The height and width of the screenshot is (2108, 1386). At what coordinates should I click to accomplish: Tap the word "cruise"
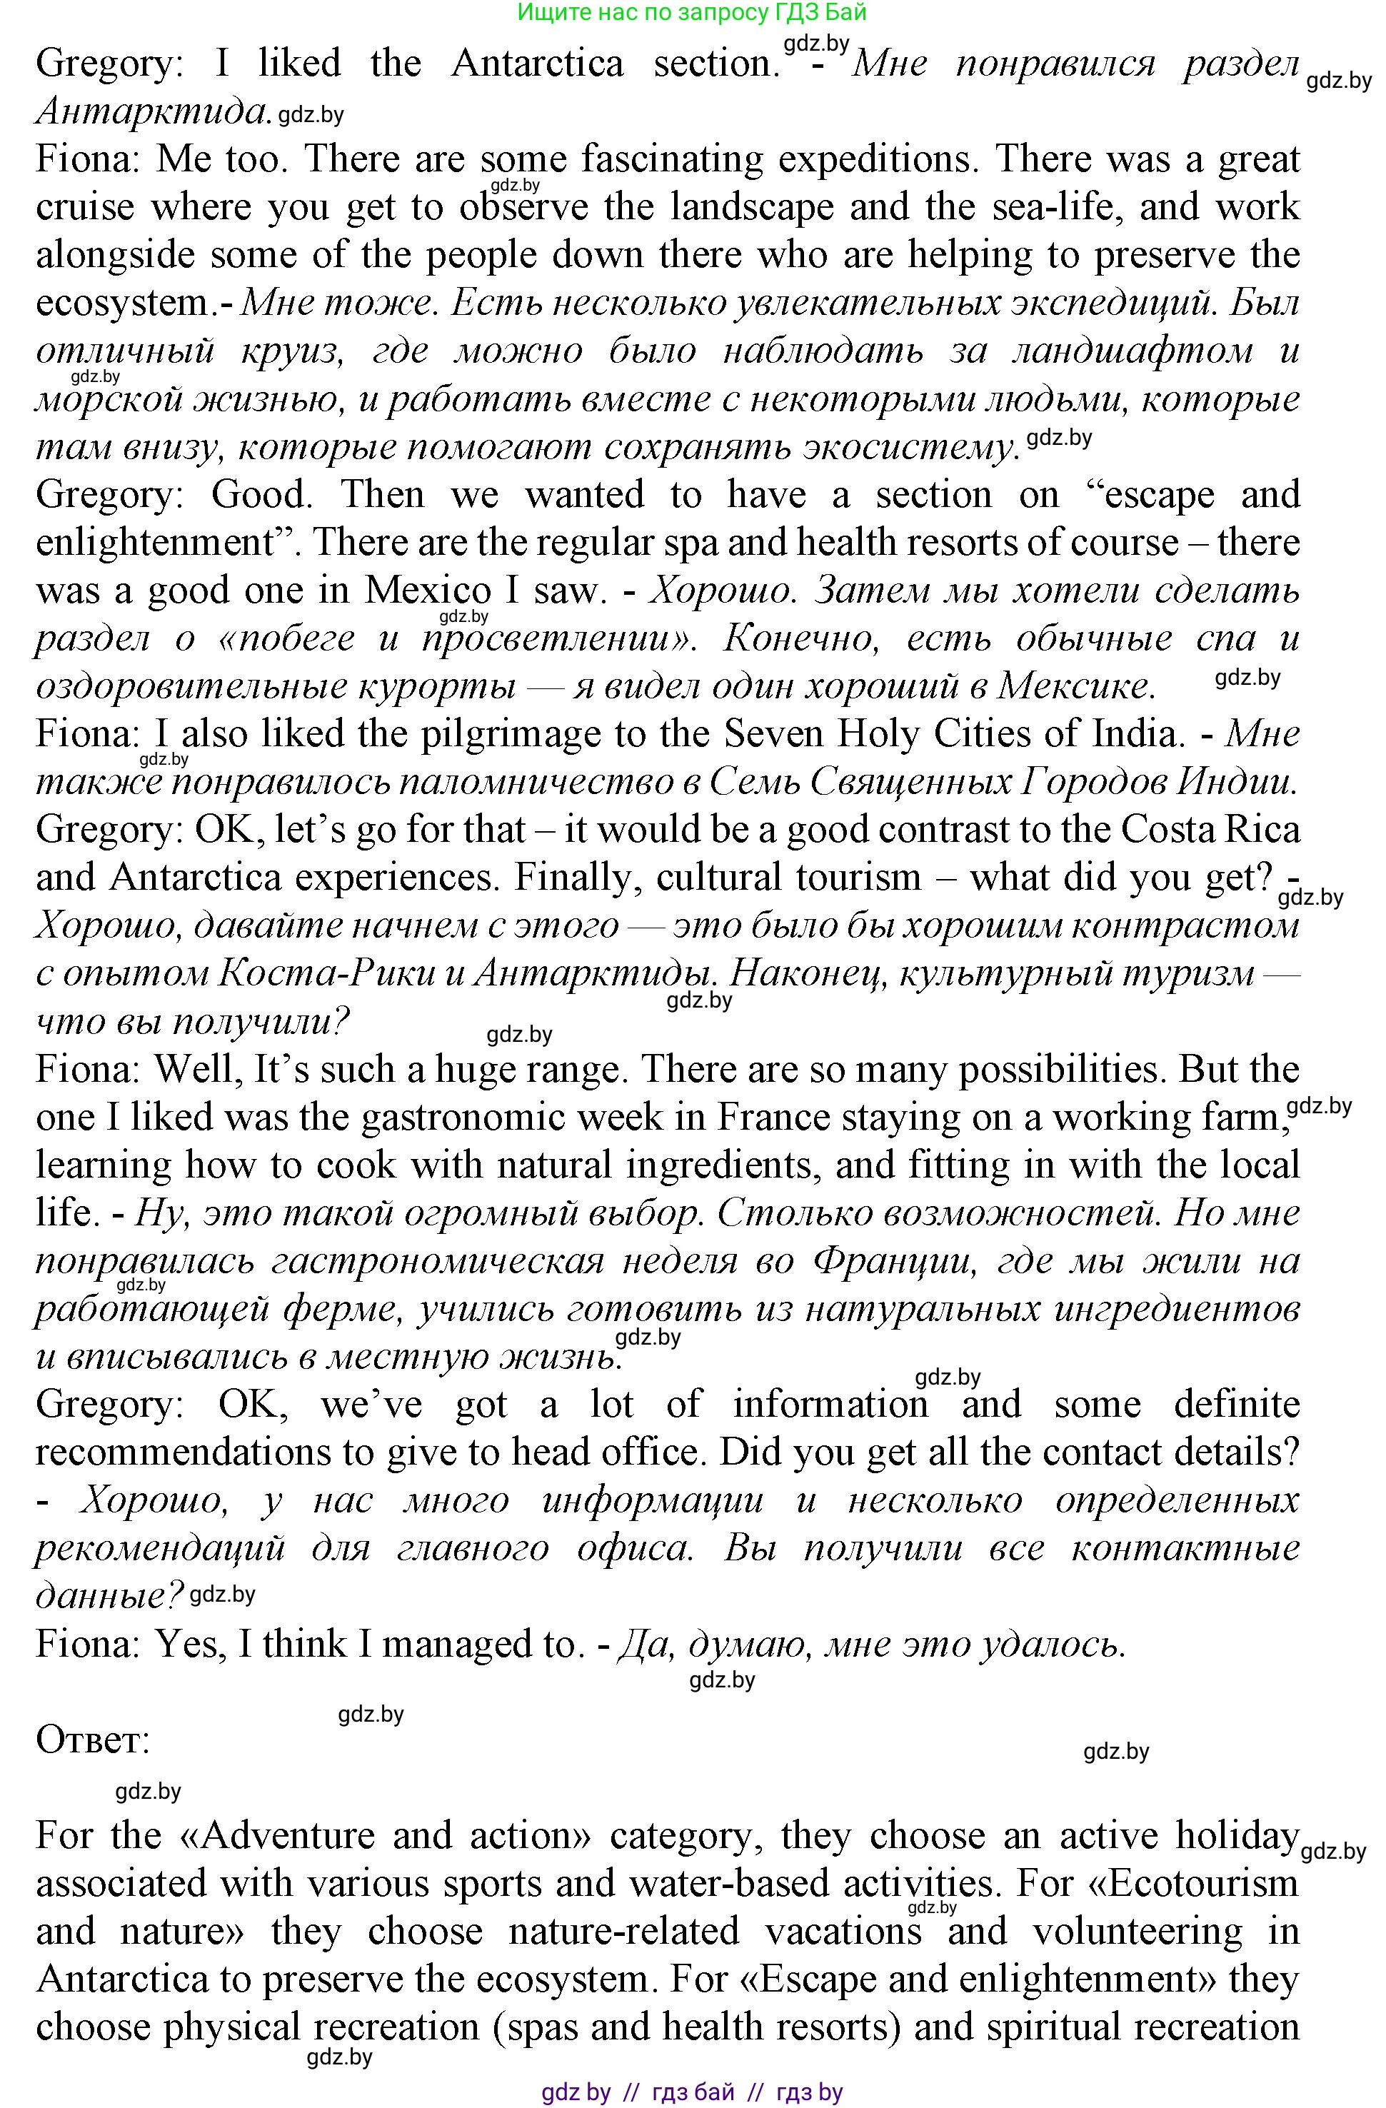85,208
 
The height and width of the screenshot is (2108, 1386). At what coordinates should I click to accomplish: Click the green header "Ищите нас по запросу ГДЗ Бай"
692,12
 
